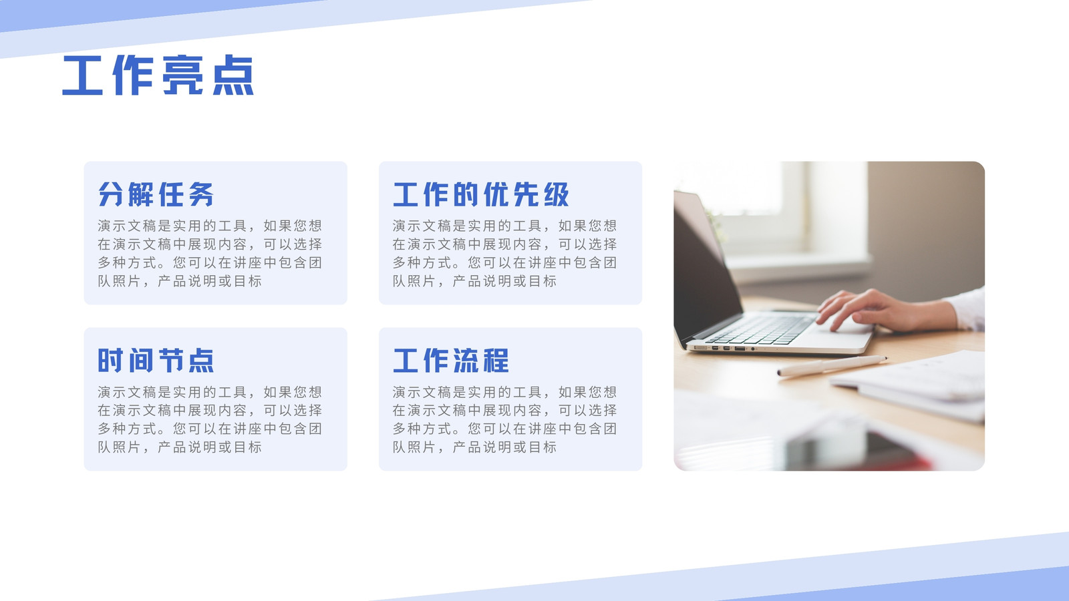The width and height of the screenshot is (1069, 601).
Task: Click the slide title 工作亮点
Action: (x=158, y=75)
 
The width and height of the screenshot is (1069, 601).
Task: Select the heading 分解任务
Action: (x=156, y=194)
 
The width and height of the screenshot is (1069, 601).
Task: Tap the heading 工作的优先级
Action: (x=481, y=194)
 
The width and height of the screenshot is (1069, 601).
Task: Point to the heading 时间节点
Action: (x=156, y=360)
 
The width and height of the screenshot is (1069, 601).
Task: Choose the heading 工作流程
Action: (x=451, y=360)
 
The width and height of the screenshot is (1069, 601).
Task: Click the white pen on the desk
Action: (x=832, y=365)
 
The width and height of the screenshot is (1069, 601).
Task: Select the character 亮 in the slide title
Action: (x=183, y=75)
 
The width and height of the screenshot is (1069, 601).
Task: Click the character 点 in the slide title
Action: (x=233, y=75)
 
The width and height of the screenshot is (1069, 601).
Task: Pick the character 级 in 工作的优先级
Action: (x=556, y=194)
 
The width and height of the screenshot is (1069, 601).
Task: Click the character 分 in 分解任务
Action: (x=111, y=194)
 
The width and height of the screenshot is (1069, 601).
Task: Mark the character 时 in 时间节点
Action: (x=111, y=360)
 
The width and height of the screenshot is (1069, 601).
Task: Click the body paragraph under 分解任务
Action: (x=210, y=253)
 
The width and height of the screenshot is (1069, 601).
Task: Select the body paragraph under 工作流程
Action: (x=505, y=419)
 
